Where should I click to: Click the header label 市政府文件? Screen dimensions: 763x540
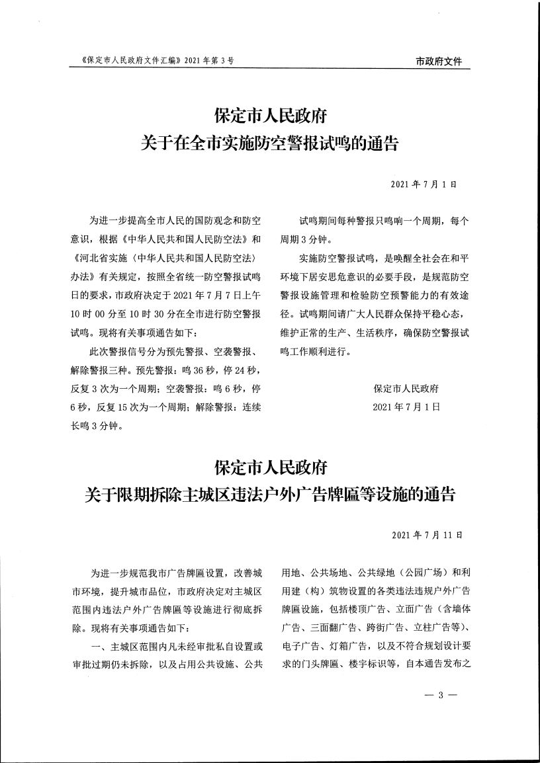click(439, 61)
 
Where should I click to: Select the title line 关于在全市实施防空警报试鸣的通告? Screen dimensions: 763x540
click(270, 142)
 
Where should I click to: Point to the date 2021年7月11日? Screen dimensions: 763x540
click(426, 534)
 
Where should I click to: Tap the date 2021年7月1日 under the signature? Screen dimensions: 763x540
click(406, 405)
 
